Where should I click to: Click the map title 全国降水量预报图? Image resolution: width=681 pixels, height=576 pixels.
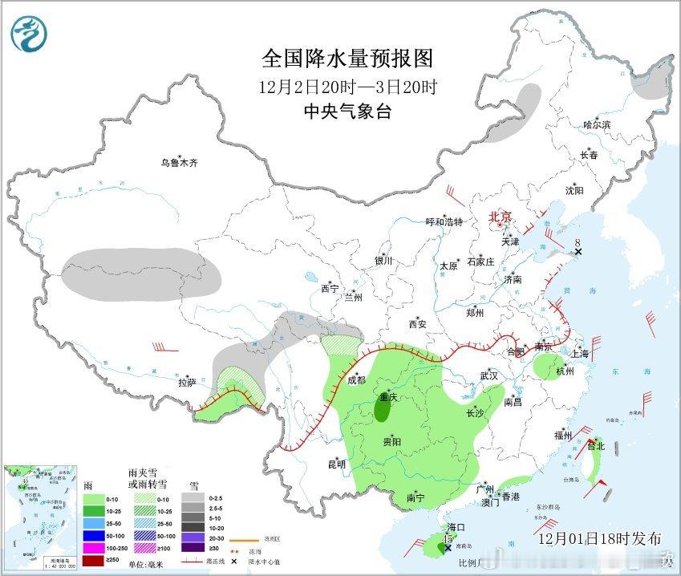(347, 59)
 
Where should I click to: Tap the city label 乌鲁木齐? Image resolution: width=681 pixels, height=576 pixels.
(177, 163)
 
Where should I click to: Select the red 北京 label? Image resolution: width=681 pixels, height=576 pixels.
(501, 217)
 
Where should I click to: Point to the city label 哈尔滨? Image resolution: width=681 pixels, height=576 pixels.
(597, 125)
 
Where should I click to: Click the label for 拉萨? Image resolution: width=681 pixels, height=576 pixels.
(186, 383)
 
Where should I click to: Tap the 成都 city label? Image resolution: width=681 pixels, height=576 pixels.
(356, 380)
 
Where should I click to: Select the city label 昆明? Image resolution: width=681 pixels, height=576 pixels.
(336, 464)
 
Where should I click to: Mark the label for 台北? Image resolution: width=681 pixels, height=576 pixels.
(594, 445)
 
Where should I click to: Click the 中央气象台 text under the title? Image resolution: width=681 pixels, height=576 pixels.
(347, 112)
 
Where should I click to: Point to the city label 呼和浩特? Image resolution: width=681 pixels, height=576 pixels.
(444, 222)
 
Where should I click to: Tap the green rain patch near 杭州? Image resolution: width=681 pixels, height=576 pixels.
(547, 365)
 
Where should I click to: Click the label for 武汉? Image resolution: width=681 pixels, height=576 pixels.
(488, 375)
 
